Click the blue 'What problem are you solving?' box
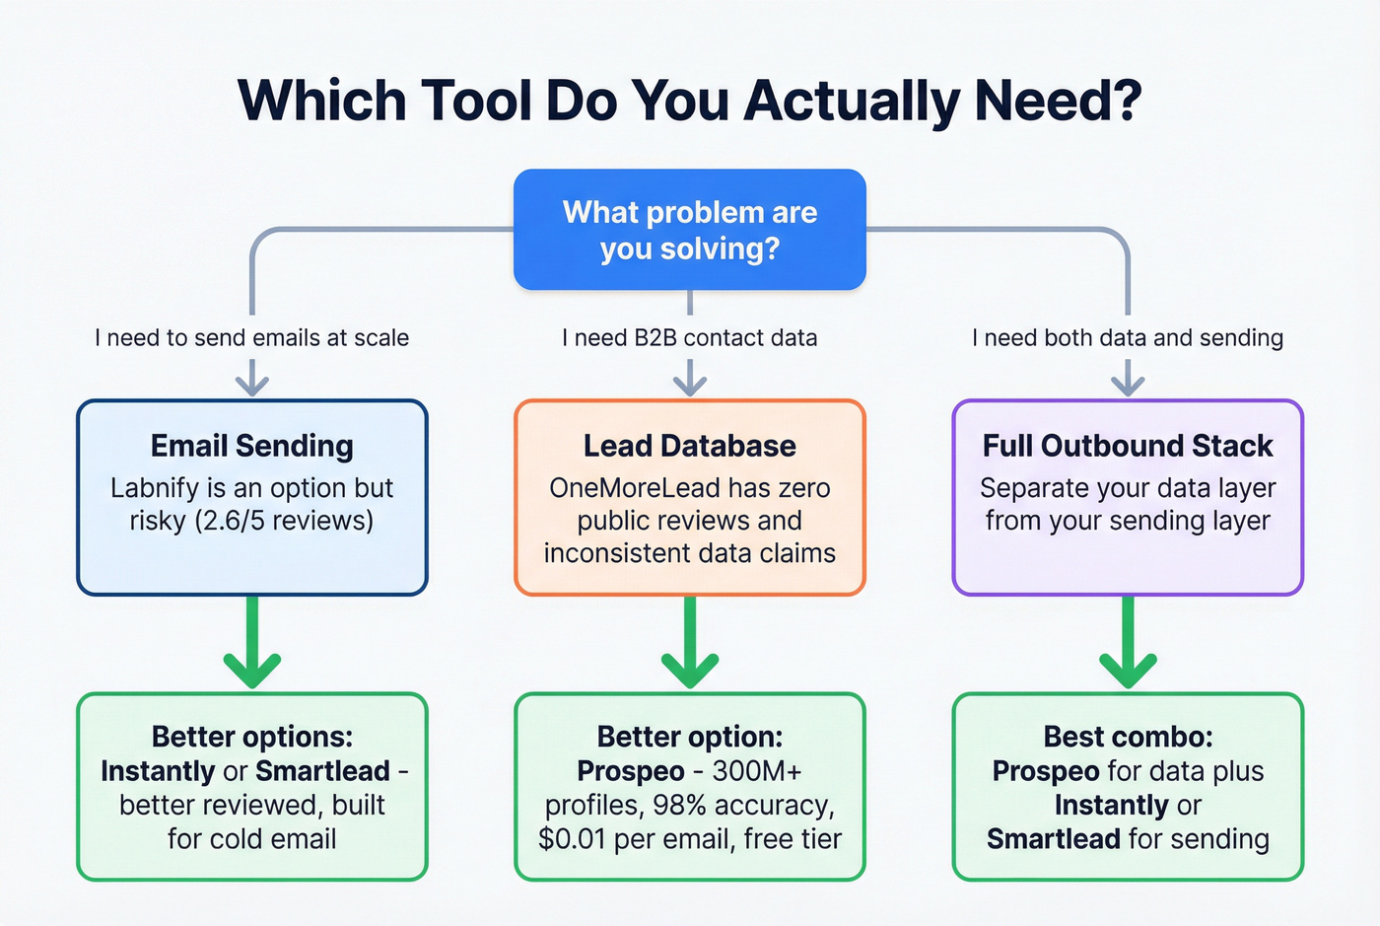(689, 230)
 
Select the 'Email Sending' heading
(251, 446)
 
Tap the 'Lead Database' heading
(689, 446)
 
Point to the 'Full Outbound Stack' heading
(1128, 446)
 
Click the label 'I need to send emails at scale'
(251, 338)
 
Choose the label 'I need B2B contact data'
(689, 338)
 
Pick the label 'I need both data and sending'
(1128, 338)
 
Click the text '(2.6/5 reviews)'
(283, 521)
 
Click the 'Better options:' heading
(251, 737)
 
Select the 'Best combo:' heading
(1128, 737)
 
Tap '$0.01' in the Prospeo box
(572, 839)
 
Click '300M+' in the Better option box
(757, 771)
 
